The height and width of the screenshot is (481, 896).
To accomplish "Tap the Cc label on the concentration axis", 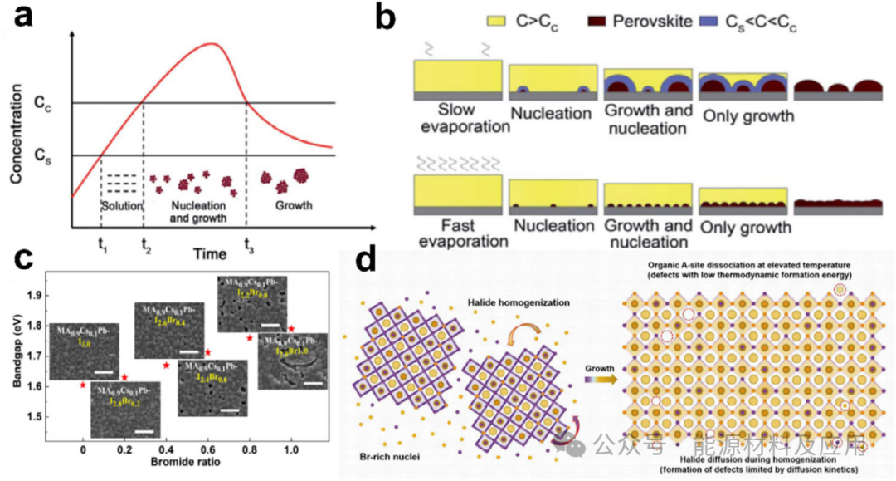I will [x=43, y=103].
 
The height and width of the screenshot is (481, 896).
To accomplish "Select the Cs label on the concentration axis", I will [x=43, y=155].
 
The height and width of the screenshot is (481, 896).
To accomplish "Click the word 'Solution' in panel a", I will [x=122, y=205].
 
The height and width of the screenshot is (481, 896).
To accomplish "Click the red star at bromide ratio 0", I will [x=83, y=385].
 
